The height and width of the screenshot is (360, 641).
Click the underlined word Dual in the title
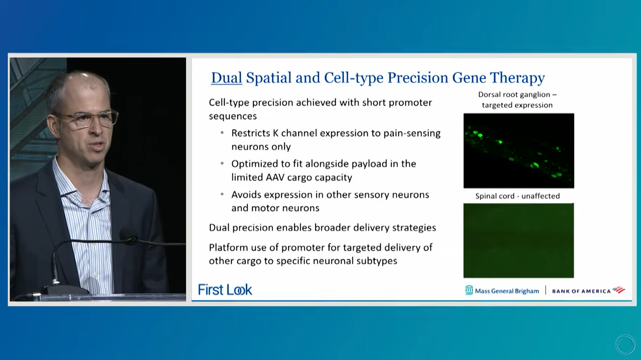click(227, 78)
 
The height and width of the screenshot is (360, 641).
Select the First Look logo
click(225, 290)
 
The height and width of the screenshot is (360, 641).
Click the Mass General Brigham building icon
click(469, 290)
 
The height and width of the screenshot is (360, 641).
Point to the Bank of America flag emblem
click(618, 290)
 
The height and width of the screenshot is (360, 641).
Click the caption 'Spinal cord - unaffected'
click(518, 196)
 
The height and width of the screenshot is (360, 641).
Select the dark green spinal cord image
click(519, 240)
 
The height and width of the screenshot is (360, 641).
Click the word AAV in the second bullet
click(275, 177)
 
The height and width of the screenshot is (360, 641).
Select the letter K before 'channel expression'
click(275, 133)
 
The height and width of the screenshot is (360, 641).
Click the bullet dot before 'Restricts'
click(222, 133)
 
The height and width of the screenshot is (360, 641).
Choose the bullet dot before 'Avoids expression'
click(222, 195)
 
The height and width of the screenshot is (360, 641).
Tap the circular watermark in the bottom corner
click(625, 344)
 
